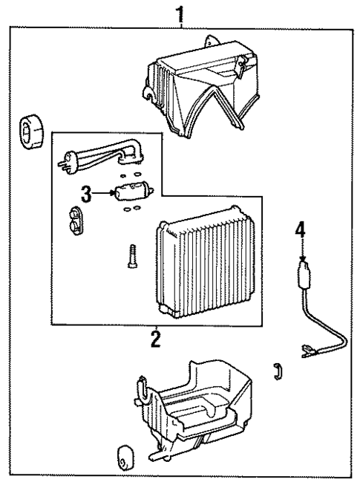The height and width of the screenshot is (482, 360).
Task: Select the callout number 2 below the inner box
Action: click(155, 339)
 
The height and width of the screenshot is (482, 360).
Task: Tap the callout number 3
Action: click(86, 195)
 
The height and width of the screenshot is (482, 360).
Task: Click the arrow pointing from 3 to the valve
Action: click(104, 195)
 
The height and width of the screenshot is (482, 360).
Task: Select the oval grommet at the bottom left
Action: click(123, 458)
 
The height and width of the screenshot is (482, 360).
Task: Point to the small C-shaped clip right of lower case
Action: click(278, 371)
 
